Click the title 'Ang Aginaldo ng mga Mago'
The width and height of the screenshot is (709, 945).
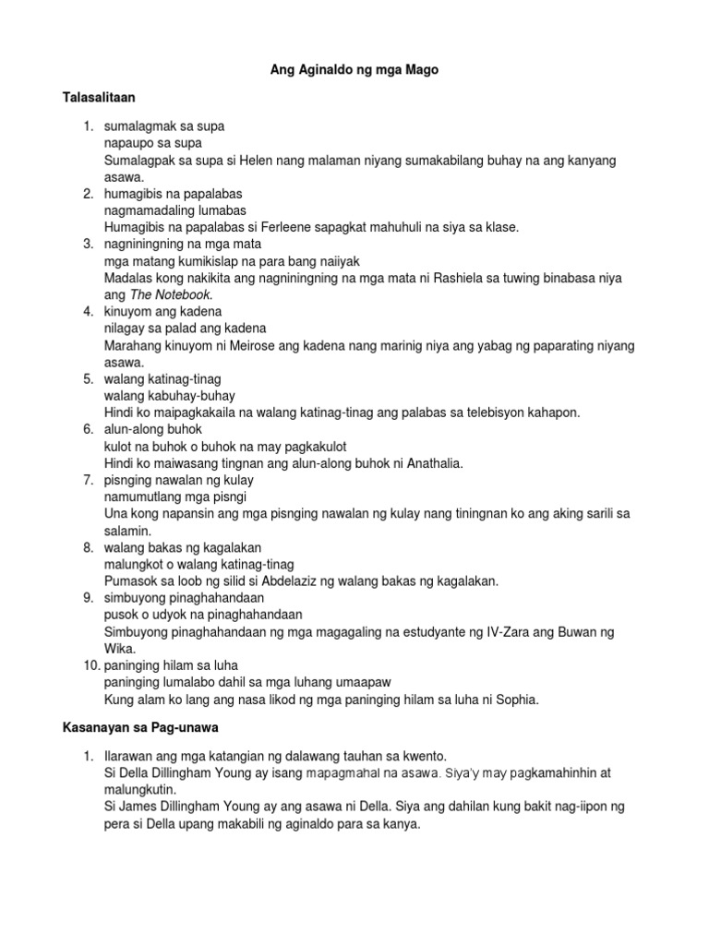[x=354, y=69]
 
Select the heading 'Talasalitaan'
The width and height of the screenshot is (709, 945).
[x=102, y=96]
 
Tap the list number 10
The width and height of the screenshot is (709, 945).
[x=90, y=665]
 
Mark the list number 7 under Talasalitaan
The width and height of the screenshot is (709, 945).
[x=89, y=480]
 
